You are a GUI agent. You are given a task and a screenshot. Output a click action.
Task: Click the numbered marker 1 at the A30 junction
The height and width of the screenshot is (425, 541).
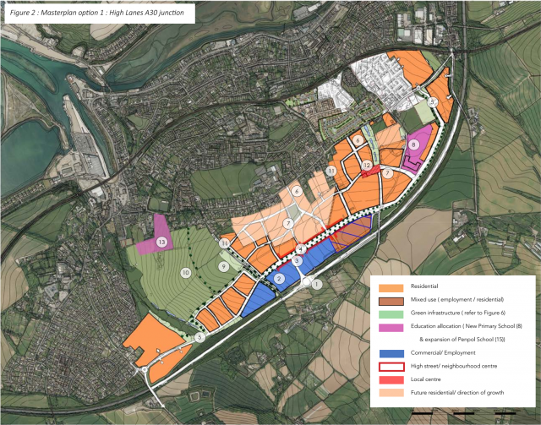click(317, 285)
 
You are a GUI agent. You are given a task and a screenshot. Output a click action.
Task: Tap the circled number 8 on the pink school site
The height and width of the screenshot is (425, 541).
click(413, 144)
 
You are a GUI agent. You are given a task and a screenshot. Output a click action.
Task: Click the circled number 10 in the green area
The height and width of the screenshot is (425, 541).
click(185, 273)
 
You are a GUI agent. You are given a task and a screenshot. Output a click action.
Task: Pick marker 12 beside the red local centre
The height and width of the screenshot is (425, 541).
click(367, 166)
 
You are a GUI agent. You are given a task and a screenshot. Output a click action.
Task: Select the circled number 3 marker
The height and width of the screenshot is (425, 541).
click(298, 263)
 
